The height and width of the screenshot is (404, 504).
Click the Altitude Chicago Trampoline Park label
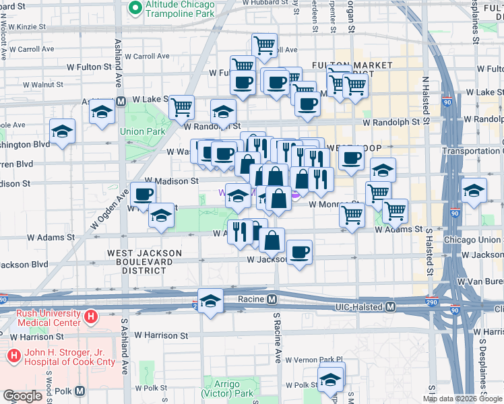point(181,8)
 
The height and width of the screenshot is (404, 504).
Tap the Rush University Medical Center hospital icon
point(90,316)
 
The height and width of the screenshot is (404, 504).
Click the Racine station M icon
point(272,299)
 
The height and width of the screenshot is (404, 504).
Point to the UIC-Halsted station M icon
point(389,307)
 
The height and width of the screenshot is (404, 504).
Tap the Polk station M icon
point(80,391)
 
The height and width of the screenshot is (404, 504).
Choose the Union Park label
point(142,131)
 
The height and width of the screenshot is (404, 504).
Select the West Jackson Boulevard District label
point(145,261)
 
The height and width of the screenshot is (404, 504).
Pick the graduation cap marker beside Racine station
point(211,301)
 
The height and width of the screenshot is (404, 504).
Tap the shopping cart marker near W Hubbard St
point(264,45)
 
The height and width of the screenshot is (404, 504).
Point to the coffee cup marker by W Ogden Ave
point(143,195)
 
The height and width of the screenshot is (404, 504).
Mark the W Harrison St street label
point(160,335)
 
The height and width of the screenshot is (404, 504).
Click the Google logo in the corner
point(22,396)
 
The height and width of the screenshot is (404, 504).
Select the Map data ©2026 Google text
point(462,399)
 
